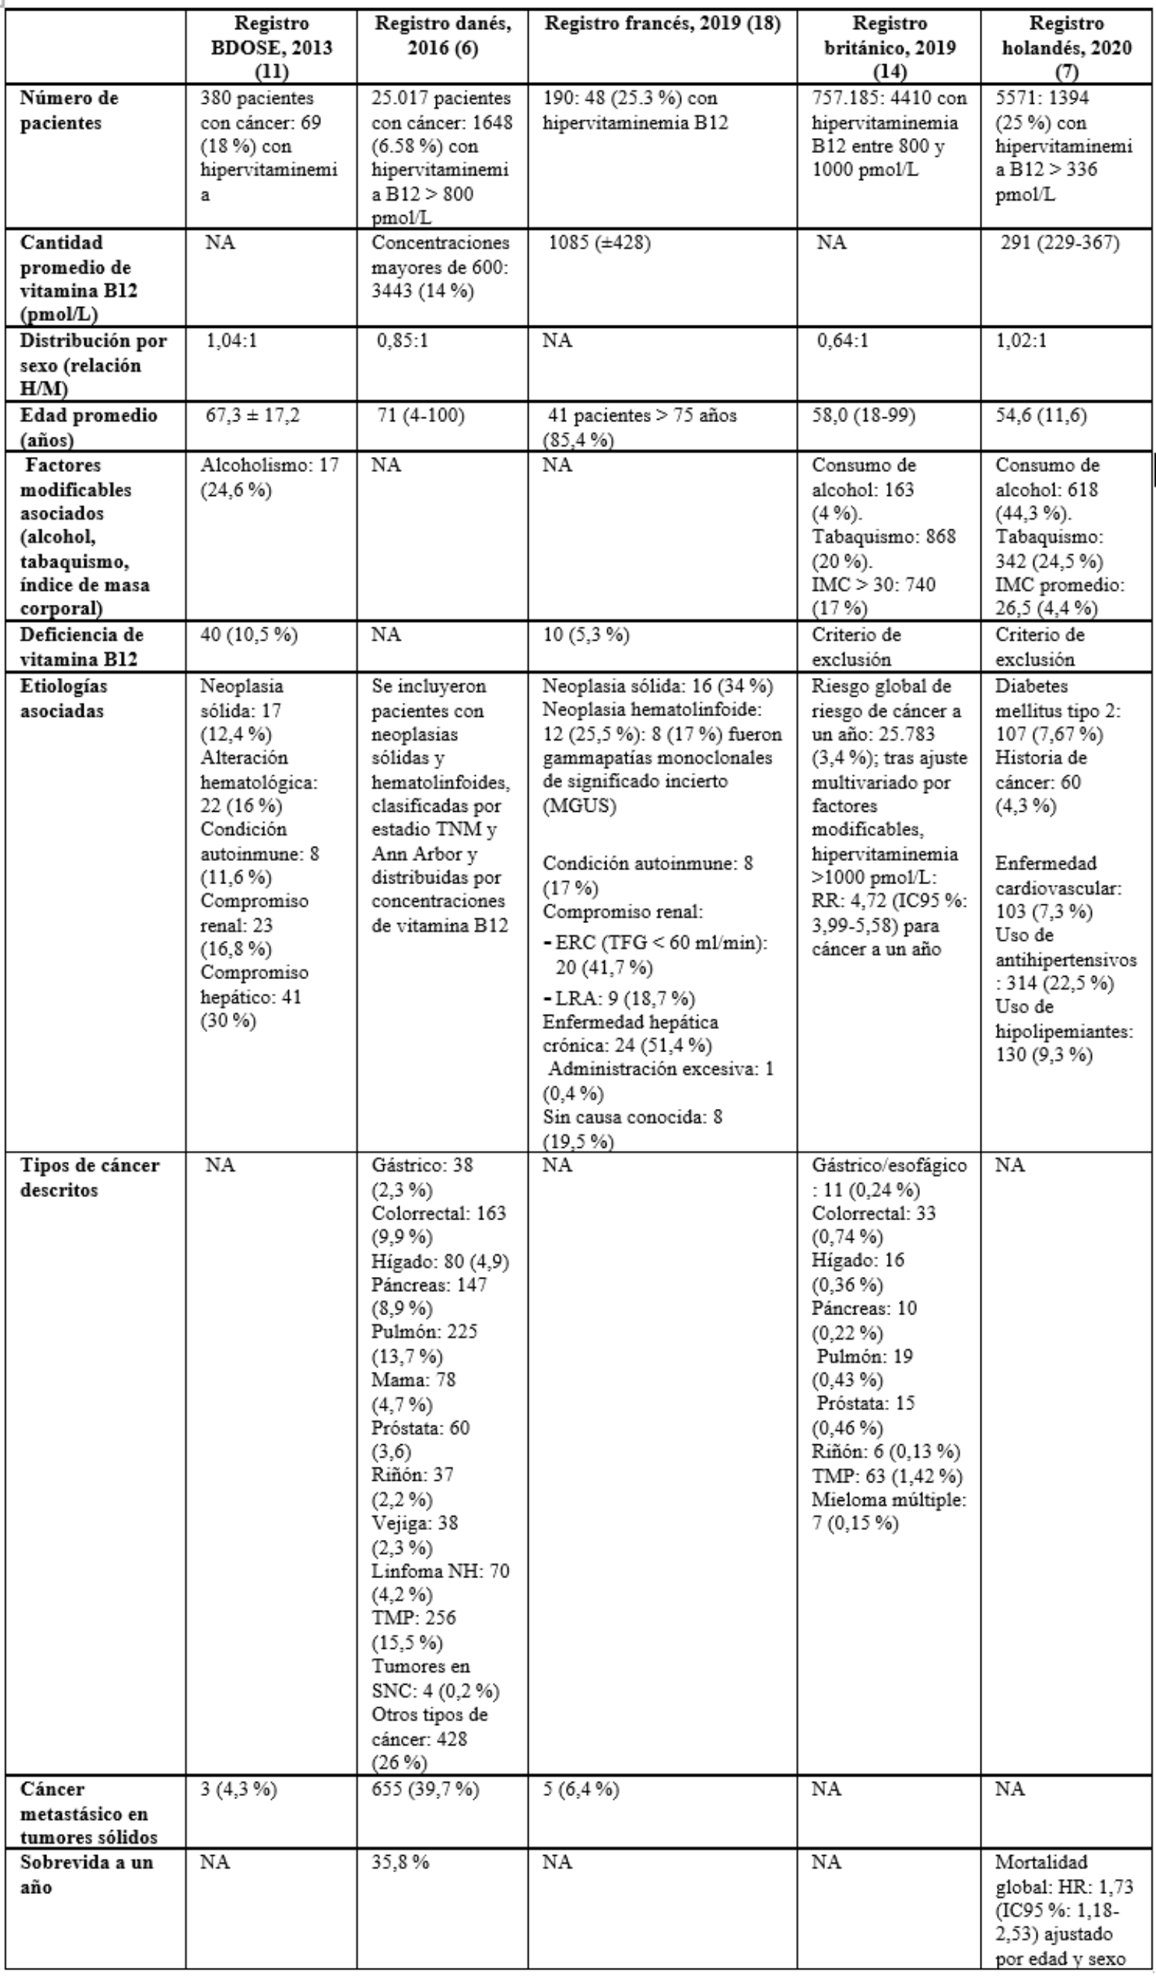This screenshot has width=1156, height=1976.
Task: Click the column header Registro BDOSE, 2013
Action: pos(271,47)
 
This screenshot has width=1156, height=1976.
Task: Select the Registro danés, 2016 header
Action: pos(442,35)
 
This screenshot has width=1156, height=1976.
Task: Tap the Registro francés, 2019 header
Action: pos(662,24)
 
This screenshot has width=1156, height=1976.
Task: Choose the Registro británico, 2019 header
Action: pos(889,47)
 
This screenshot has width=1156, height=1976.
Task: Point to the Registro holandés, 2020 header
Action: pos(1067,47)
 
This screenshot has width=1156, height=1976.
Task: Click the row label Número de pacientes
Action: pos(69,111)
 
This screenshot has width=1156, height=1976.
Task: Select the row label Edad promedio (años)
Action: pos(89,426)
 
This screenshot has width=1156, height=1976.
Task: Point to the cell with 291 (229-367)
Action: pos(1060,243)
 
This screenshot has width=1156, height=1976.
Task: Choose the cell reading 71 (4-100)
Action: pos(420,415)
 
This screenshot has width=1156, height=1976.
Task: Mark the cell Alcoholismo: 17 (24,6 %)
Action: pos(269,477)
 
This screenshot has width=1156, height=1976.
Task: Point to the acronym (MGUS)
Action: pos(579,806)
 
